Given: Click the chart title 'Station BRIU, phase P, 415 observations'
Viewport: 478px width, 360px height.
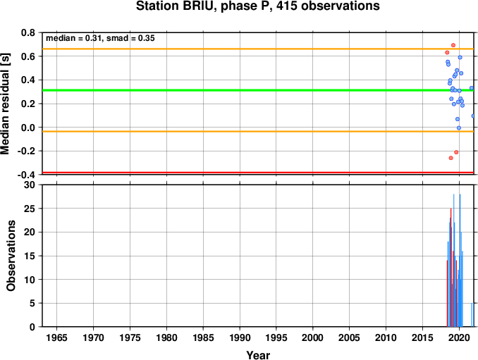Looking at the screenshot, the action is coord(257,6).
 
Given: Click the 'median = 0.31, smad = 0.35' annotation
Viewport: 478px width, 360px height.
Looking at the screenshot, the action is coord(100,38).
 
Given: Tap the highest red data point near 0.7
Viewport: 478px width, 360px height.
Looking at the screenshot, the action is coord(453,45).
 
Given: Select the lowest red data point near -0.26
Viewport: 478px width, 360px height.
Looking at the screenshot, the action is coord(451,158).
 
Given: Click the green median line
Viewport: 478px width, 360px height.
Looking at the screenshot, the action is coord(258,90).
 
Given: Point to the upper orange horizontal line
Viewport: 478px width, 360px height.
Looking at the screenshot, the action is coord(258,49).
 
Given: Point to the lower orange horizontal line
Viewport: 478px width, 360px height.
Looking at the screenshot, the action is coord(258,132).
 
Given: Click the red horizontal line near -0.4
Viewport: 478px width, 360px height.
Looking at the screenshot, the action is coord(258,173).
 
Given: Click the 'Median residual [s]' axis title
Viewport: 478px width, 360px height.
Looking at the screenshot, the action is coord(5,104).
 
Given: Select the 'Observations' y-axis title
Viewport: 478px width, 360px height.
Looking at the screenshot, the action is coord(11,256).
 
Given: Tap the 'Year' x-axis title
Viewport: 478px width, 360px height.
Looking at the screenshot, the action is coord(258,355).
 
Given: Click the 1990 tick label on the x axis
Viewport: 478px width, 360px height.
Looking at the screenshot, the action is coord(240,337).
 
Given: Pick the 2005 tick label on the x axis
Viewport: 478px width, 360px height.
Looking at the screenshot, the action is coord(350,337).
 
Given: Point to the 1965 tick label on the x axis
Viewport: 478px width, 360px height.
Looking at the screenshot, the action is coord(56,337).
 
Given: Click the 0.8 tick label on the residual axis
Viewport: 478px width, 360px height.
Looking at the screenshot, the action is coord(28,32).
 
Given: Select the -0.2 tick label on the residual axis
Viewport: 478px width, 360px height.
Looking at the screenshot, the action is coord(26,151).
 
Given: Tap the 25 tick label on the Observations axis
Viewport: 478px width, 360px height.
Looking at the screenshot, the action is coord(30,209).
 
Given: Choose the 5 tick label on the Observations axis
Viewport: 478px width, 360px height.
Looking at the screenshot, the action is coord(32,304).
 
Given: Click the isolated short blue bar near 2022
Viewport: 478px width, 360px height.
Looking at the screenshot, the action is coord(472,315).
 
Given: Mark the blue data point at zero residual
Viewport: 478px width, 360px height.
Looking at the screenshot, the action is coord(459,128).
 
